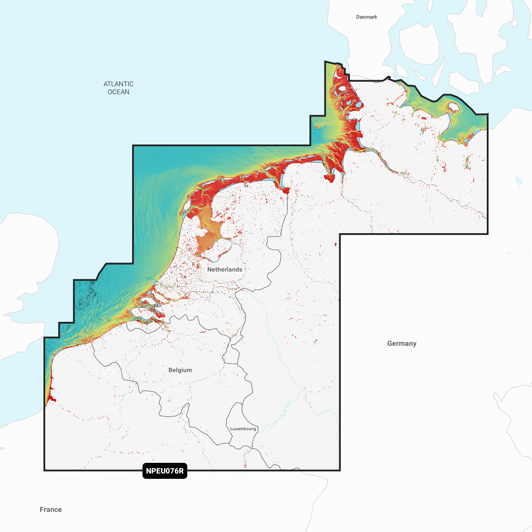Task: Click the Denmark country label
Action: (367, 17)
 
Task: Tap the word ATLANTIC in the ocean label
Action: (118, 84)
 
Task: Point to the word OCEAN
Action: (118, 92)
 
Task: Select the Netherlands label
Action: (225, 270)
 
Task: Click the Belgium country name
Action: (180, 370)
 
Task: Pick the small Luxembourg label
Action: (243, 429)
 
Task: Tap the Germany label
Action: (402, 344)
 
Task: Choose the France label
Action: (51, 509)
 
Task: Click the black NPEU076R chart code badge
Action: (165, 471)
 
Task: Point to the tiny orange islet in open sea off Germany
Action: (317, 126)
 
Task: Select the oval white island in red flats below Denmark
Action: (342, 94)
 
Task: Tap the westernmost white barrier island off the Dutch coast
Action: (187, 207)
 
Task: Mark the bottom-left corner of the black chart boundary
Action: (44, 470)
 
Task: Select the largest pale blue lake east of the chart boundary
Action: (518, 180)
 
